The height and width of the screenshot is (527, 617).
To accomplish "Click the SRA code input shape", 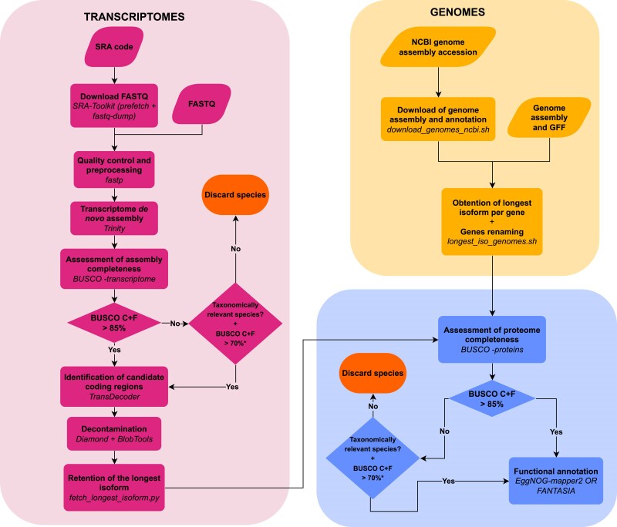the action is point(114,47).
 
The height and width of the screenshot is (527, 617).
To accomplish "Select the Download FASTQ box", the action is point(114,106).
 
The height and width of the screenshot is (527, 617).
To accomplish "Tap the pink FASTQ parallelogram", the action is point(202,104).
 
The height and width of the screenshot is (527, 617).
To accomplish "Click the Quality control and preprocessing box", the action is point(114,170).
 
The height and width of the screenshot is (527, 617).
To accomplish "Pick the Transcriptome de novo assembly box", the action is point(114,219).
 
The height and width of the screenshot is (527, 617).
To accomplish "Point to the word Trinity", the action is point(114,228).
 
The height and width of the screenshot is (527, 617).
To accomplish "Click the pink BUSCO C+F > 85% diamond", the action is point(114,323).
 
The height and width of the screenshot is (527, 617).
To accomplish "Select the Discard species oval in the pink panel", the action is point(235,195).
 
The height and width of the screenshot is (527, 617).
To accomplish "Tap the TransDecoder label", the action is point(114,397).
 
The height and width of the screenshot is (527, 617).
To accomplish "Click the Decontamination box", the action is point(114,434).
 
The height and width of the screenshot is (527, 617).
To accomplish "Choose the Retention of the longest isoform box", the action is point(114,488).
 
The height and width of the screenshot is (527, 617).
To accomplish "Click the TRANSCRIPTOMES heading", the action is point(134,17).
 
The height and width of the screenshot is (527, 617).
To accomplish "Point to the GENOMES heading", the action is point(457,12).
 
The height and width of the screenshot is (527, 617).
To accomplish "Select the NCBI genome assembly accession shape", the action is point(438,47).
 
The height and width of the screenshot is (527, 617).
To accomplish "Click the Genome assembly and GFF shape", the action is point(549,118).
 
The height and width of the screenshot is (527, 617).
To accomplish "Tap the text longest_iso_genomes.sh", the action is point(492,241).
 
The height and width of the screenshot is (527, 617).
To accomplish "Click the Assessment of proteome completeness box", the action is point(492,339).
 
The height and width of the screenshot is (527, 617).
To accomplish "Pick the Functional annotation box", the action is point(556,481).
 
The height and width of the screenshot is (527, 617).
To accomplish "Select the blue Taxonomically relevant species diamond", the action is point(373,458).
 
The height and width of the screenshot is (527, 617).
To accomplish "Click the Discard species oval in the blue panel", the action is point(373,374).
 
